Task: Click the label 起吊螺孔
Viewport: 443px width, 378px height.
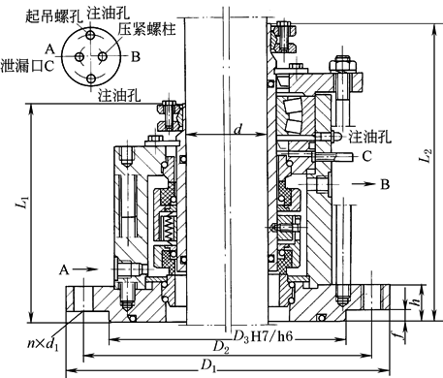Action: pyautogui.click(x=53, y=16)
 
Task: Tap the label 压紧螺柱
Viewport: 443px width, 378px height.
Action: pyautogui.click(x=146, y=29)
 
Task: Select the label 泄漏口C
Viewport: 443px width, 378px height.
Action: pyautogui.click(x=27, y=66)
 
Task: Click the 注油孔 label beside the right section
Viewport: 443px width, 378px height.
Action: pyautogui.click(x=369, y=137)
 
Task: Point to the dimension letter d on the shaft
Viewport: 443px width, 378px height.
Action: pyautogui.click(x=238, y=129)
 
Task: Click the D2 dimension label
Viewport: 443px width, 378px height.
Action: pyautogui.click(x=221, y=347)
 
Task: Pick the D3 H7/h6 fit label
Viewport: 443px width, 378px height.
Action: pyautogui.click(x=263, y=336)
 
